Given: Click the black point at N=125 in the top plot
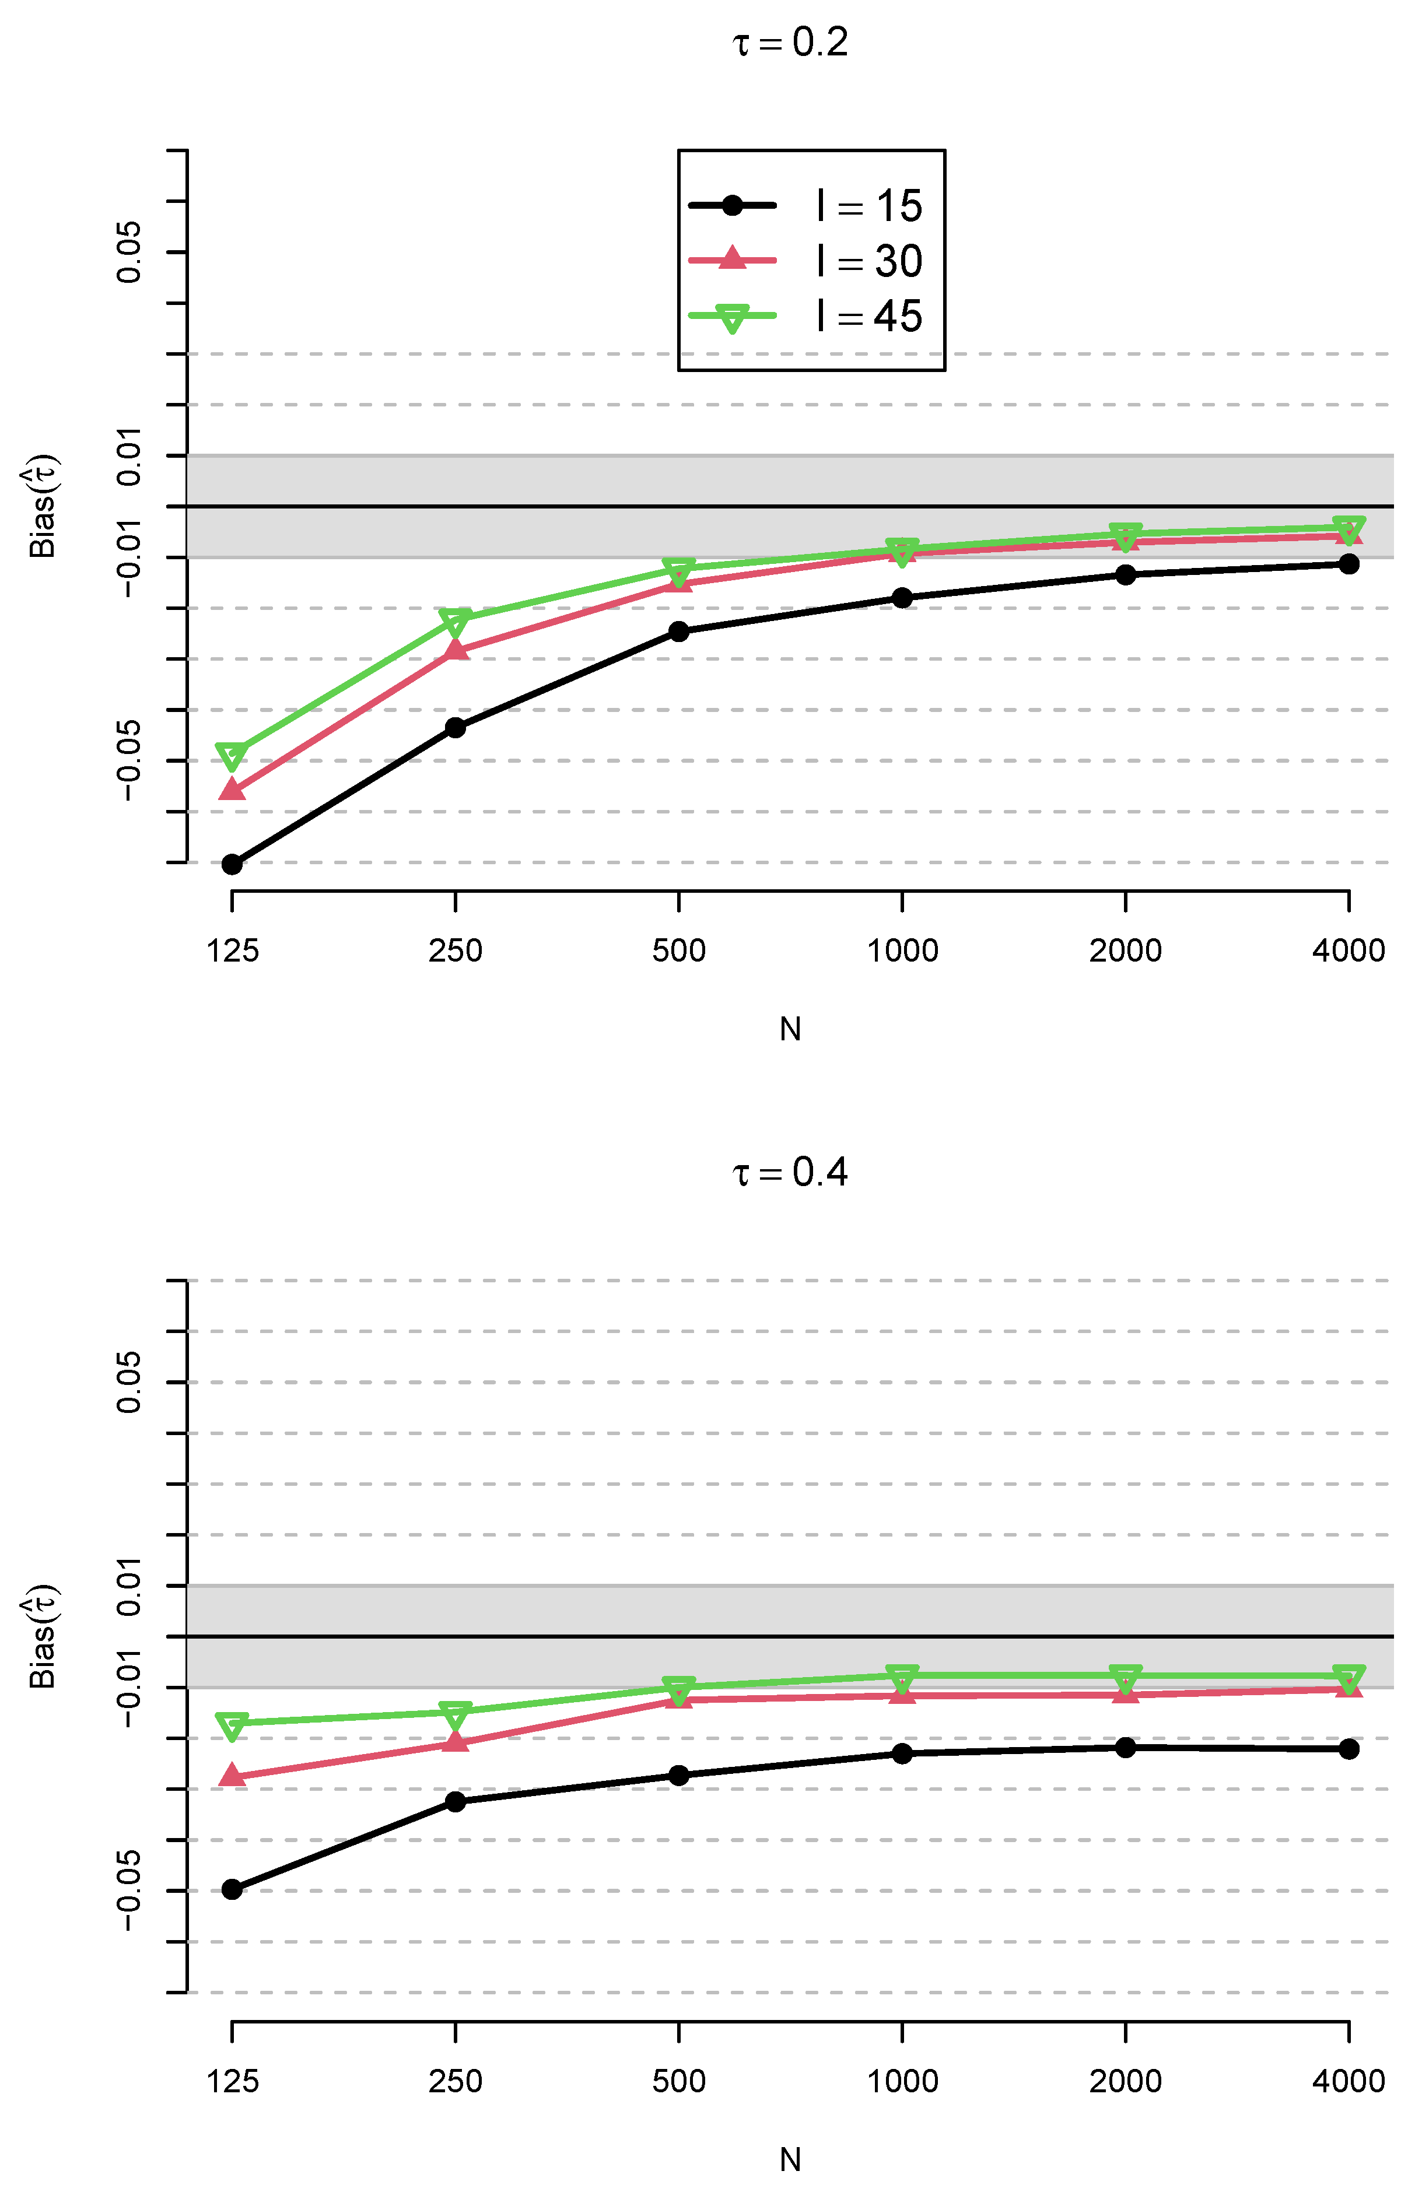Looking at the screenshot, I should coord(233,864).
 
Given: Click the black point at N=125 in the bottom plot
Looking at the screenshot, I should coord(233,1889).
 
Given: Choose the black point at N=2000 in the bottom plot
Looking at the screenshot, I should coord(1126,1747).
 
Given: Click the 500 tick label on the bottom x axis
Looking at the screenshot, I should coord(679,2081).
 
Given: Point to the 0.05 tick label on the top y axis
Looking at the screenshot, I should coord(129,252).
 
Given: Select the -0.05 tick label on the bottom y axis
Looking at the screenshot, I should coord(129,1891).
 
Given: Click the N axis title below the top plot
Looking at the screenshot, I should coord(790,1029).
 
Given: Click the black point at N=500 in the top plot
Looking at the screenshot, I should coord(679,631).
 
